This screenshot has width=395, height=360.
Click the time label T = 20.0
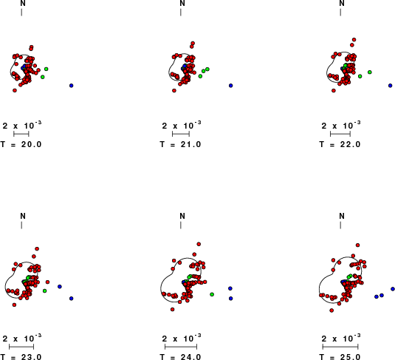(21, 144)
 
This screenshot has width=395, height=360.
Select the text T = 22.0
(340, 144)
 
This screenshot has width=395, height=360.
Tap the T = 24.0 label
(180, 357)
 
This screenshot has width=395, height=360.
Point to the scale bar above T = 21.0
(181, 134)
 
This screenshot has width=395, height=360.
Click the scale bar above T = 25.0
(340, 347)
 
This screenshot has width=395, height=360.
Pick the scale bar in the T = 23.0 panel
(21, 347)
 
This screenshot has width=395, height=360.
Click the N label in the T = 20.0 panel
(23, 3)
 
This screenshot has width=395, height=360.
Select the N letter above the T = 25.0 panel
(342, 216)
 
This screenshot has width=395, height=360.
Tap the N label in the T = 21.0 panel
(182, 3)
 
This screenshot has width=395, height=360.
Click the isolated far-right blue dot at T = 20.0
(72, 86)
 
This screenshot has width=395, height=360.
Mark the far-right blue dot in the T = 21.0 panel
(231, 86)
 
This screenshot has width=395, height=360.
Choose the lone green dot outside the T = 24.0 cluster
(212, 294)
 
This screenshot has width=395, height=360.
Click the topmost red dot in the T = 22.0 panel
(354, 40)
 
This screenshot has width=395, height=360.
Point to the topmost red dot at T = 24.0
(199, 244)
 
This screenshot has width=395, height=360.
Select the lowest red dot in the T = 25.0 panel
(332, 310)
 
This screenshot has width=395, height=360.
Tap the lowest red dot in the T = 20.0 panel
(15, 90)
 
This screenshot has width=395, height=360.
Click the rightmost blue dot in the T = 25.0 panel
(393, 289)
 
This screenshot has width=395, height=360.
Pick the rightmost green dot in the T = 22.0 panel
(370, 72)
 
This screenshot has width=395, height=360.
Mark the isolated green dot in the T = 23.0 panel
(44, 291)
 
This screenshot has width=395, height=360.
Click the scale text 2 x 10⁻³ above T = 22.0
(341, 125)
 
